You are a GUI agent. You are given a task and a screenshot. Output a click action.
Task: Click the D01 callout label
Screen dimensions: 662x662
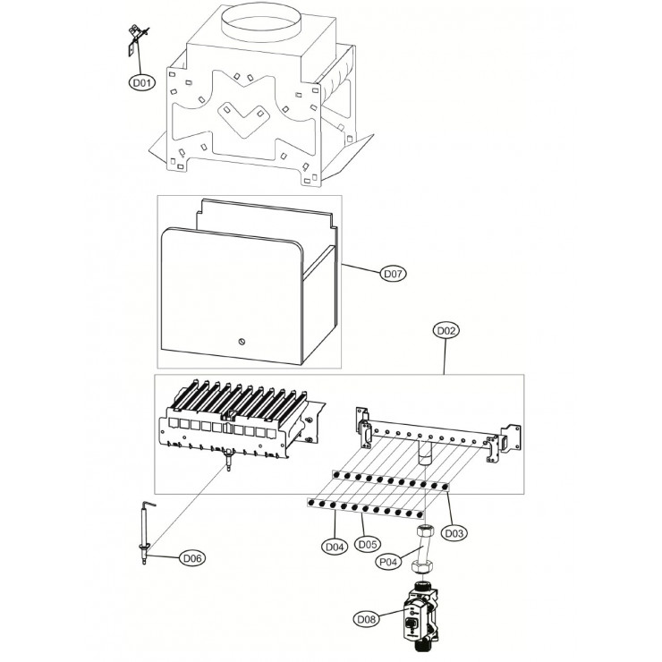142,82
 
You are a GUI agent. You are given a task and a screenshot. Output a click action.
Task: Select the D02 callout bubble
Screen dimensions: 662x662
446,331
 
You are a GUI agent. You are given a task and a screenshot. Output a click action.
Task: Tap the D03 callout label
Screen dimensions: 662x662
454,533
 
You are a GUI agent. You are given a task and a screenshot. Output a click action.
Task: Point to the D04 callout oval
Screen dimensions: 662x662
335,547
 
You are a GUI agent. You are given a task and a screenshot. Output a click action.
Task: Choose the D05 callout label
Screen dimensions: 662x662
368,544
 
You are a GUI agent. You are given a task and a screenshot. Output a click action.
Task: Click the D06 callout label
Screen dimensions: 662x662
192,558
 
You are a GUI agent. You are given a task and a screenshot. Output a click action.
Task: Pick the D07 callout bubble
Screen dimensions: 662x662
393,274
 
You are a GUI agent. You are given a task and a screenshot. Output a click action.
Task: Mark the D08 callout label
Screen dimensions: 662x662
366,620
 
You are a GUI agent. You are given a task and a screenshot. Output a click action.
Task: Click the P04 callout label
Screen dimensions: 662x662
388,562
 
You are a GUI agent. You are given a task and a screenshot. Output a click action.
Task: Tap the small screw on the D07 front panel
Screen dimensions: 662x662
241,342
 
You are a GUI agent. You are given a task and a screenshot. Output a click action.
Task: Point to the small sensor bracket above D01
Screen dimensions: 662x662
136,40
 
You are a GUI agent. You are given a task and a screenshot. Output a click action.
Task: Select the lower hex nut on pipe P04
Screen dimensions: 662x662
421,565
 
